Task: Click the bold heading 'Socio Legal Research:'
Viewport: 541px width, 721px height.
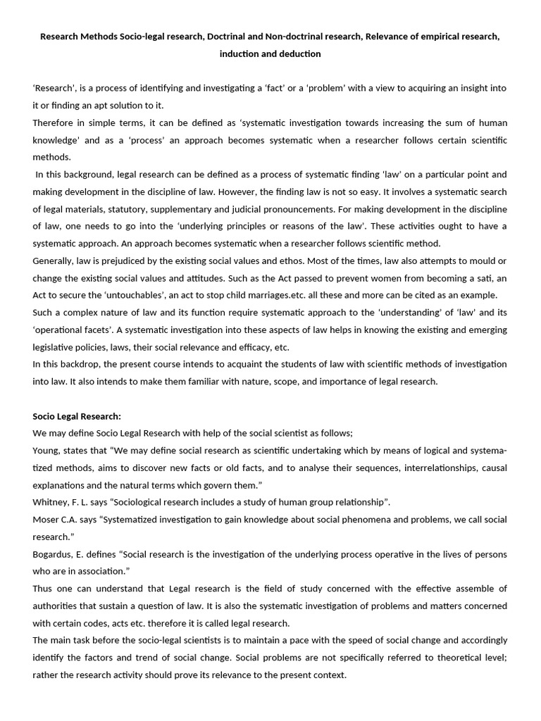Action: [77, 416]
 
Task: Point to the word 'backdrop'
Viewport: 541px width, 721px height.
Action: [79, 364]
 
